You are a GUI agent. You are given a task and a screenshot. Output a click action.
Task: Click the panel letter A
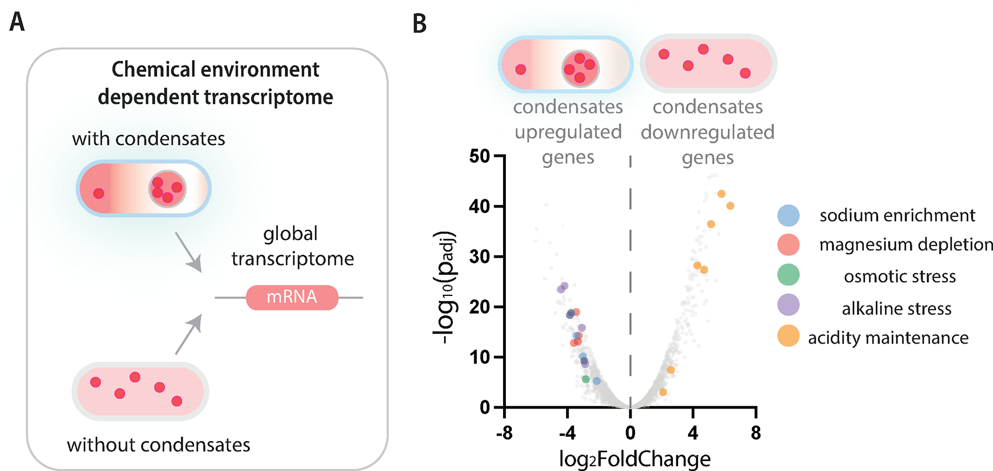click(x=17, y=23)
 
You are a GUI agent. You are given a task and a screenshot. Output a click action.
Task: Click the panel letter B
click(x=419, y=24)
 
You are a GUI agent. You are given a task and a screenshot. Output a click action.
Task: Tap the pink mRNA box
click(x=292, y=297)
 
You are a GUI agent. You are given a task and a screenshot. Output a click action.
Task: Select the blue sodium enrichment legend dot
click(x=788, y=215)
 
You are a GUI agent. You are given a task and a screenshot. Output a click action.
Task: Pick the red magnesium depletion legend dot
click(x=788, y=245)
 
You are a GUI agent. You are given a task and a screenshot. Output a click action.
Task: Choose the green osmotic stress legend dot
click(x=788, y=275)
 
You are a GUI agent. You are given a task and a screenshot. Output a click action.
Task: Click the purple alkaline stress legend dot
click(x=788, y=305)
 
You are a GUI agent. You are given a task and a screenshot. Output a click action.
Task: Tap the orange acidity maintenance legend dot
click(x=788, y=336)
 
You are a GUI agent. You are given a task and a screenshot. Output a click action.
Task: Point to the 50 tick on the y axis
click(x=479, y=156)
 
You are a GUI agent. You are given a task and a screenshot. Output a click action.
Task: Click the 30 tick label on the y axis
click(x=479, y=257)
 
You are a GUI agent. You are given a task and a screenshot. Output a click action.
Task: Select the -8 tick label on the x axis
click(x=504, y=433)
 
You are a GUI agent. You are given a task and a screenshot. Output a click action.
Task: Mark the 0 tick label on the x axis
click(x=630, y=433)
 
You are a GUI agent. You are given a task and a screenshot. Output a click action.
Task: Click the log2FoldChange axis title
click(x=634, y=459)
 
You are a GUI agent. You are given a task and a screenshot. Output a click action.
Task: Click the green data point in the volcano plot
click(x=586, y=379)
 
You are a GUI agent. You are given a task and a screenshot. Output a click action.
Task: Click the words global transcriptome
click(x=292, y=246)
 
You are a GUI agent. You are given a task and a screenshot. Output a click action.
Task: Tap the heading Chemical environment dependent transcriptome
click(x=215, y=83)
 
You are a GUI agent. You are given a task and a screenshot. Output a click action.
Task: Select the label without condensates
click(x=158, y=444)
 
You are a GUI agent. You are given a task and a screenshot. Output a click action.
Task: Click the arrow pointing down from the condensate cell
click(x=188, y=252)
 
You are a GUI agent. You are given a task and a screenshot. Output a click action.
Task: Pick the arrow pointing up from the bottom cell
click(x=188, y=335)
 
